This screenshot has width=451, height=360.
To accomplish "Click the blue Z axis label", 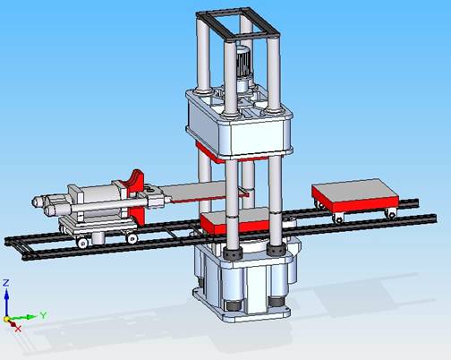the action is (6, 283).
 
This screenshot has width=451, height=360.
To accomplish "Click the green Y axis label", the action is (43, 315).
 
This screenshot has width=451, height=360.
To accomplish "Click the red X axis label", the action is (18, 329).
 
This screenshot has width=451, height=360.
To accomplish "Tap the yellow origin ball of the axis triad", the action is (6, 319).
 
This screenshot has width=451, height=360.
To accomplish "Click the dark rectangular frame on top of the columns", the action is (238, 24).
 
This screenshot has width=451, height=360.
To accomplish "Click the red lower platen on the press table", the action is (235, 222).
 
